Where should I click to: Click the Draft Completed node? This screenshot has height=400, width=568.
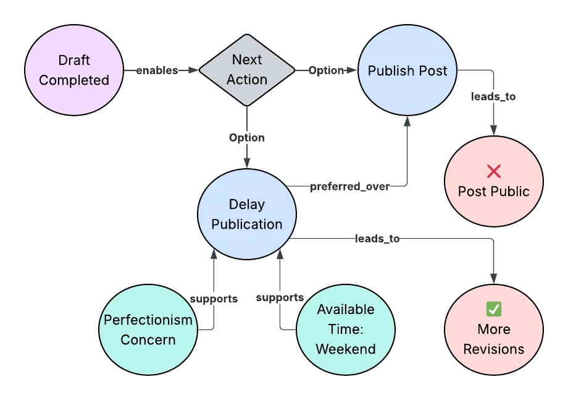pos(74,70)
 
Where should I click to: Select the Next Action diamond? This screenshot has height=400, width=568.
pos(247,70)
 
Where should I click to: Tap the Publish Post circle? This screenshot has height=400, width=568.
pos(407,70)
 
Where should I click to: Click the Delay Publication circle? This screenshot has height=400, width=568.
pos(247,215)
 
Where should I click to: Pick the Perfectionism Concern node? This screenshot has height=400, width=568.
pos(148,330)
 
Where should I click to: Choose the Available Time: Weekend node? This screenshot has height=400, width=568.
pos(346,330)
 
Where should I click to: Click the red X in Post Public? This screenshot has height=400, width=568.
pos(494,171)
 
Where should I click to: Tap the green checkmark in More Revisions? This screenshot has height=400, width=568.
pos(494,309)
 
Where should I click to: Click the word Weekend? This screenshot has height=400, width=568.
pos(346,349)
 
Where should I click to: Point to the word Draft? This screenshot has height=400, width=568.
pos(74,60)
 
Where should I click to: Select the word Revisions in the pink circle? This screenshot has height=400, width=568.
pos(494,349)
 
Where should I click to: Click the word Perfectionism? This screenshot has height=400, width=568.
pos(148,320)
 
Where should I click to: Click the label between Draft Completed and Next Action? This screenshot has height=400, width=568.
pos(156,70)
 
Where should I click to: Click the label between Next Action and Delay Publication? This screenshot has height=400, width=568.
pos(247,137)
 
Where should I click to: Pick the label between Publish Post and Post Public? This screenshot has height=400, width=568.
pos(494,98)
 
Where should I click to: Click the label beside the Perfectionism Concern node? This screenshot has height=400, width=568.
pos(212,299)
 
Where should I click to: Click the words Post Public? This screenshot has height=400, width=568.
pos(494,191)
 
